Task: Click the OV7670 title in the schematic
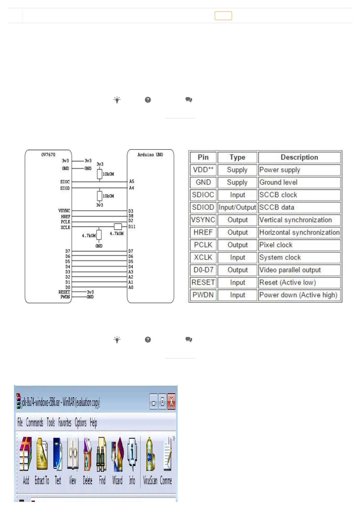pyautogui.click(x=48, y=155)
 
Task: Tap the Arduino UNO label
pyautogui.click(x=150, y=155)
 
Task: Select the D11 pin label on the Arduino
pyautogui.click(x=132, y=226)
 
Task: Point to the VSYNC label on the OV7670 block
pyautogui.click(x=64, y=211)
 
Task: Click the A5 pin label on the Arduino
pyautogui.click(x=132, y=181)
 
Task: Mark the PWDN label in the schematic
pyautogui.click(x=65, y=297)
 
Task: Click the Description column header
pyautogui.click(x=299, y=157)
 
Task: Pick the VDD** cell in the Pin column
pyautogui.click(x=203, y=170)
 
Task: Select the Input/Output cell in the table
pyautogui.click(x=237, y=207)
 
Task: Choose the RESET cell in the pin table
pyautogui.click(x=203, y=283)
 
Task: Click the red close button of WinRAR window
pyautogui.click(x=171, y=402)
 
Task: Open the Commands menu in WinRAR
pyautogui.click(x=35, y=422)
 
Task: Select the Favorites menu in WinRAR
pyautogui.click(x=65, y=422)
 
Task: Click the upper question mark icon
pyautogui.click(x=148, y=100)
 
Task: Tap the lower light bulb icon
pyautogui.click(x=117, y=340)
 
